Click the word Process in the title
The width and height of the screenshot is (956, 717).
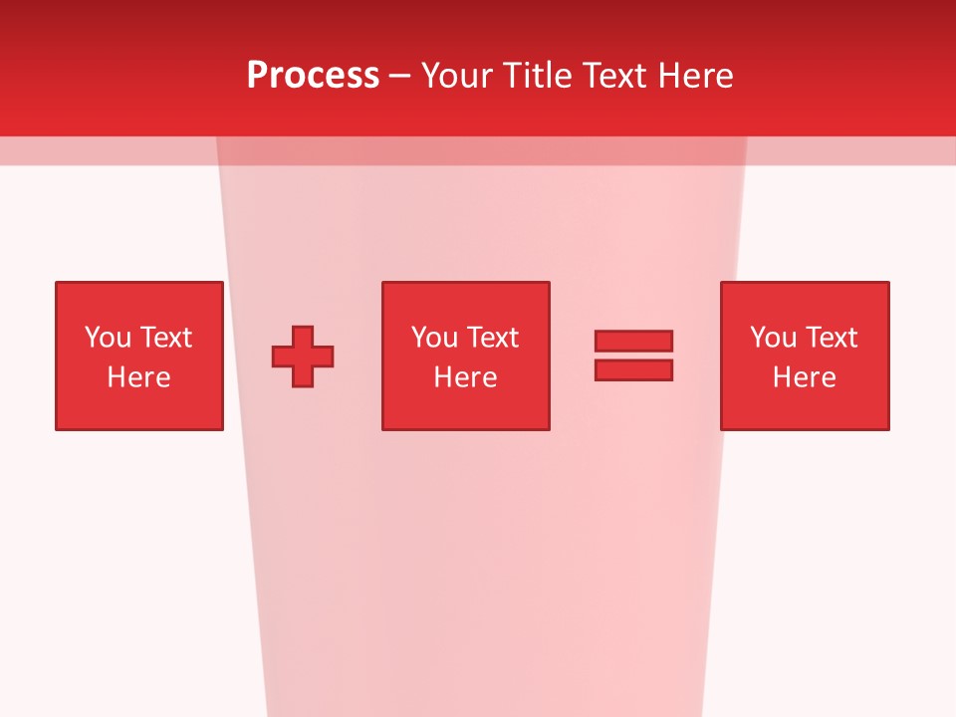313,75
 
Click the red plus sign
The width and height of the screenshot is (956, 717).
303,357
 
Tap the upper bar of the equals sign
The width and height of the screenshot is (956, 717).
633,341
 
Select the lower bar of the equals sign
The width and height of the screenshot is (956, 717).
633,369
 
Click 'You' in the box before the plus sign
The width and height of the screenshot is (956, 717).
108,338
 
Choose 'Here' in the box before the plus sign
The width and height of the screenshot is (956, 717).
138,377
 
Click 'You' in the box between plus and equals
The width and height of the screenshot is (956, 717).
434,338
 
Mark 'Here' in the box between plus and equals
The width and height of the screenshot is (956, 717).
465,377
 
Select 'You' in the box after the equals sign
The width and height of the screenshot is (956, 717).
773,338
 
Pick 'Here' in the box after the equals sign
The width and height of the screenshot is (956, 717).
804,377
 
